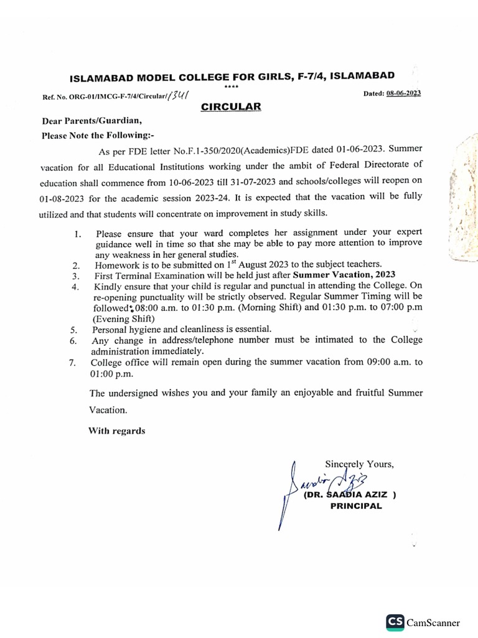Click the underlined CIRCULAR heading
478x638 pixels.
[231, 107]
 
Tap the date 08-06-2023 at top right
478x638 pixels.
[403, 93]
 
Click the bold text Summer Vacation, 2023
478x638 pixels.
[344, 275]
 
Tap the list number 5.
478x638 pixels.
[73, 330]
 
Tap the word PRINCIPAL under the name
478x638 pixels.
[355, 507]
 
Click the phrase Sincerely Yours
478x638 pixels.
[359, 464]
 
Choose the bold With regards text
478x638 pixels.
[116, 431]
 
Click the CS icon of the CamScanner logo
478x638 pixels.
[395, 621]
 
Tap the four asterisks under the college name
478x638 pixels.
[230, 87]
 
